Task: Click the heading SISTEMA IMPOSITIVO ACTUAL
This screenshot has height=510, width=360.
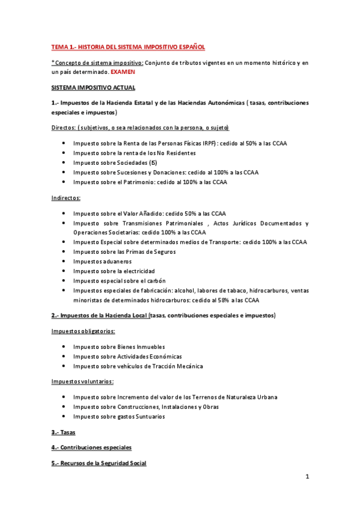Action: click(93, 87)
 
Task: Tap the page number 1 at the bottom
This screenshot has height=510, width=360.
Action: click(307, 478)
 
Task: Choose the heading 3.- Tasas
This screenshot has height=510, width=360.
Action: click(64, 432)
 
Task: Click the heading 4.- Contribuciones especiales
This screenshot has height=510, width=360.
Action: click(91, 447)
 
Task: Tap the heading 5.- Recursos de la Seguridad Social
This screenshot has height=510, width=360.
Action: click(99, 463)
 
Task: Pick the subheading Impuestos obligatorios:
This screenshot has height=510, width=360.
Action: click(83, 331)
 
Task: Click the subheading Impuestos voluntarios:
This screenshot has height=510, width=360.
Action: click(82, 381)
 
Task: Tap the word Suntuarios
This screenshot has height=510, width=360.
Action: click(148, 416)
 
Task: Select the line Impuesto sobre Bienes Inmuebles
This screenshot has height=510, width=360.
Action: click(118, 347)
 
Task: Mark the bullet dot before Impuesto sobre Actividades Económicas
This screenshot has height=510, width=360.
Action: click(64, 357)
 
